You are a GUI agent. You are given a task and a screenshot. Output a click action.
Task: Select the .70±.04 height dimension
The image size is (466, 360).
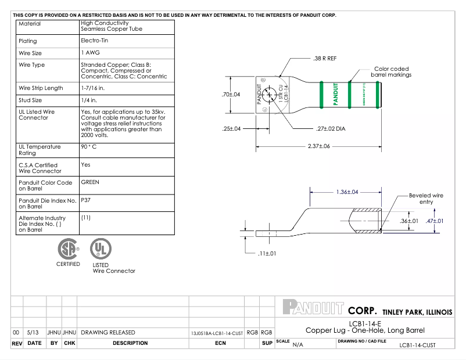tap(231, 95)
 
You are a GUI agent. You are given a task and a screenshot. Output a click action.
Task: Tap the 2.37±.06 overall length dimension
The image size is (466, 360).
tap(318, 146)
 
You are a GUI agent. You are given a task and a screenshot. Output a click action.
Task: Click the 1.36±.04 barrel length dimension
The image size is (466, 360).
tap(347, 192)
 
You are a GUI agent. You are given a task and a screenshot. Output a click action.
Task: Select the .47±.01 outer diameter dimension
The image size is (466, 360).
tap(435, 221)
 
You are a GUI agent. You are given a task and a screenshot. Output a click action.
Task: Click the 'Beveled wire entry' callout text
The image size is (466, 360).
tap(426, 199)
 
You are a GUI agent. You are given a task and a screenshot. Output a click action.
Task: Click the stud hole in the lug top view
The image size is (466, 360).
tap(269, 96)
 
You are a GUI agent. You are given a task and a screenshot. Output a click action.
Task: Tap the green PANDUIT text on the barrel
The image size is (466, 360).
tap(335, 94)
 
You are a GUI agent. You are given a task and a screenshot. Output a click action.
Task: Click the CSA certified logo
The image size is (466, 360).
tap(68, 249)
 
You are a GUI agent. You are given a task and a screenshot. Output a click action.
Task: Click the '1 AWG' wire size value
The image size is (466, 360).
tap(91, 53)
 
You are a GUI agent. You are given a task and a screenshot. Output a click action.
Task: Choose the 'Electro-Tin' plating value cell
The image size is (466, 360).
tap(94, 41)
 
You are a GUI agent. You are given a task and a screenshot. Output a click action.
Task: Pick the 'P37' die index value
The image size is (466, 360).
tap(87, 200)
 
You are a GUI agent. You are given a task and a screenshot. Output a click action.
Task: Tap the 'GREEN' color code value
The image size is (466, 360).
tap(90, 182)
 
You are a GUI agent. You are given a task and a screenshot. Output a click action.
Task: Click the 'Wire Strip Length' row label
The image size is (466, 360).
tap(41, 88)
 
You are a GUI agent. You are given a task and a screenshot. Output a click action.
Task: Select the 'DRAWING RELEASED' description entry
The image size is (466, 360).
tap(108, 333)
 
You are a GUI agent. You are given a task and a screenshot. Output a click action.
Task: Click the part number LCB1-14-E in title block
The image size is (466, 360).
tap(365, 323)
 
